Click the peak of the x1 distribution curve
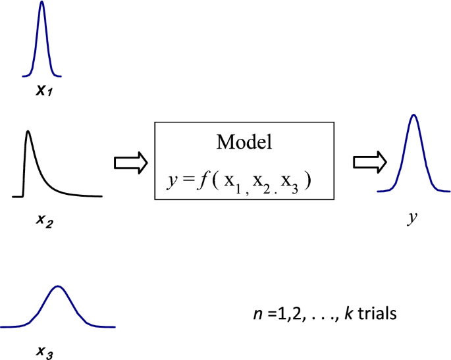41,3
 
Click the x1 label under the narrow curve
44,88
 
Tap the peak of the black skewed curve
28,131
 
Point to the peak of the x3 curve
59,286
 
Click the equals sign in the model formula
184,178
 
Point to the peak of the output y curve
413,116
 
